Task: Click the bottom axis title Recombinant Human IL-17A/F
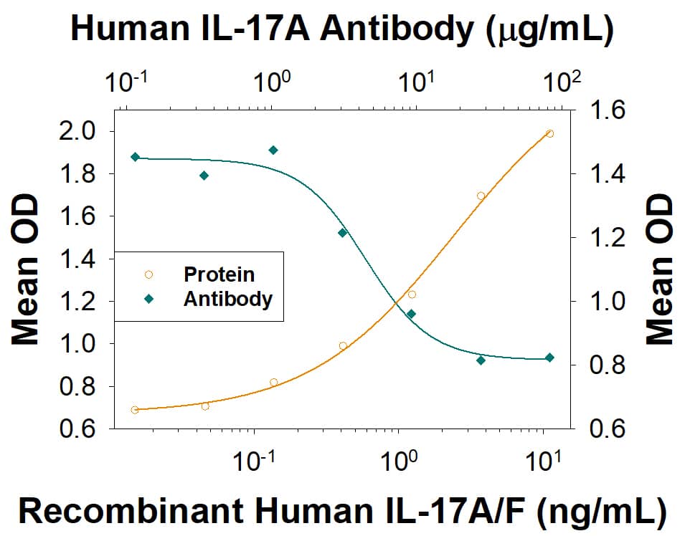341,510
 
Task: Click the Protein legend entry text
219,274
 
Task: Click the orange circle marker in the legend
148,274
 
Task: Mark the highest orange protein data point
549,133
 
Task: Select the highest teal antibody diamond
273,150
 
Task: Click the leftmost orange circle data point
135,410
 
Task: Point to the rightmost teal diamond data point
549,358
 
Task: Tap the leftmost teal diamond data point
135,157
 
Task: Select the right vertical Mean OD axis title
658,269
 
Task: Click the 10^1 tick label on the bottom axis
539,461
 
